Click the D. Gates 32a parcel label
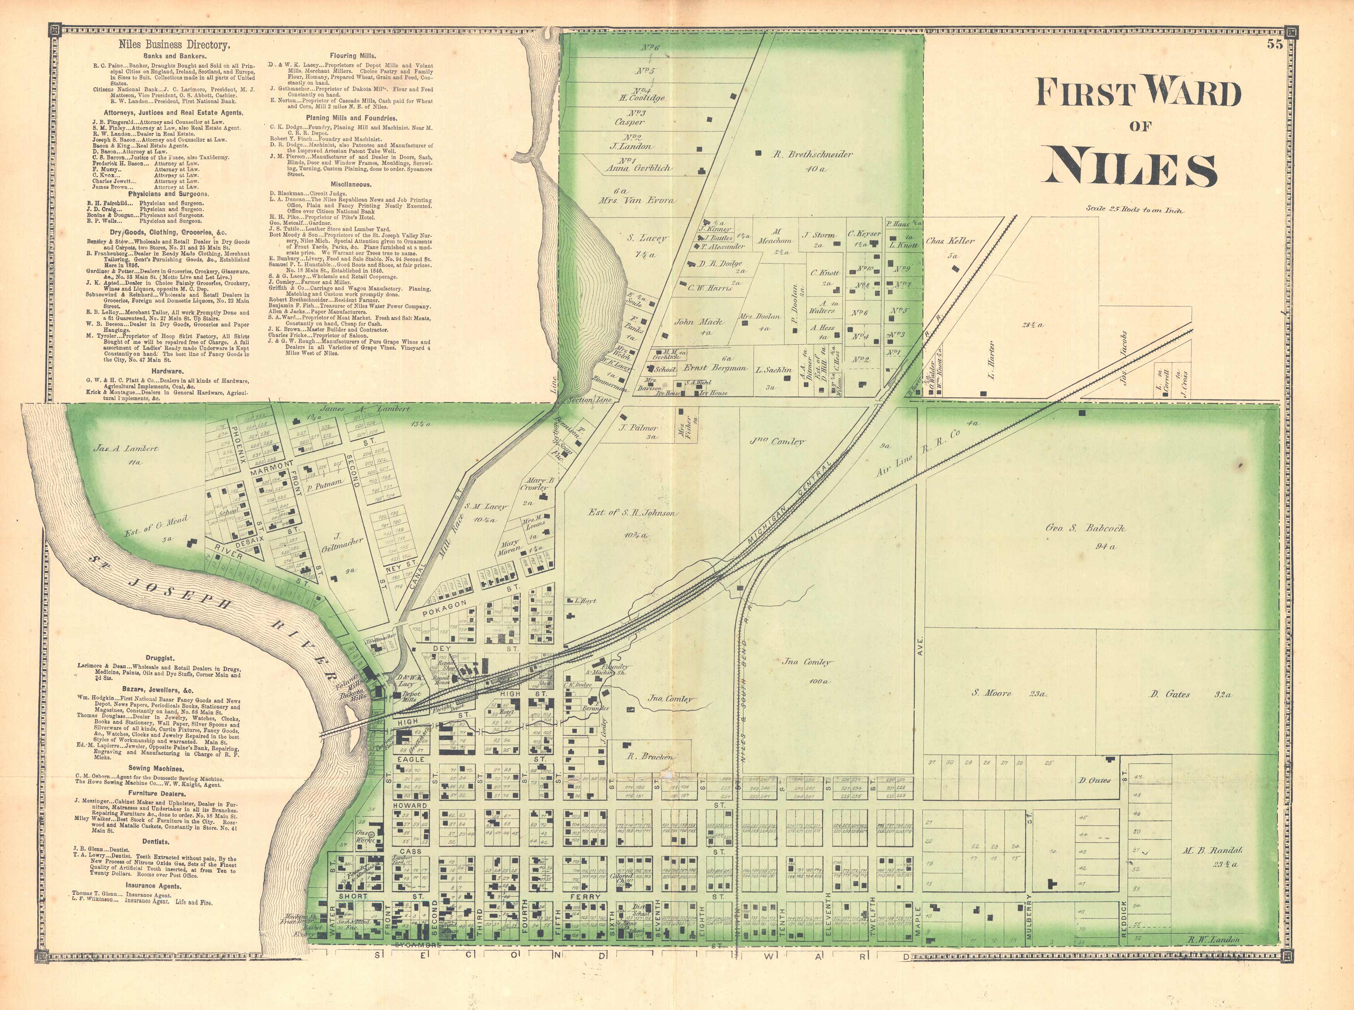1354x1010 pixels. pos(1190,694)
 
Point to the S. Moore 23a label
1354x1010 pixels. pos(1008,693)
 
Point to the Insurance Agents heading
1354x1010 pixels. pos(153,886)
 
